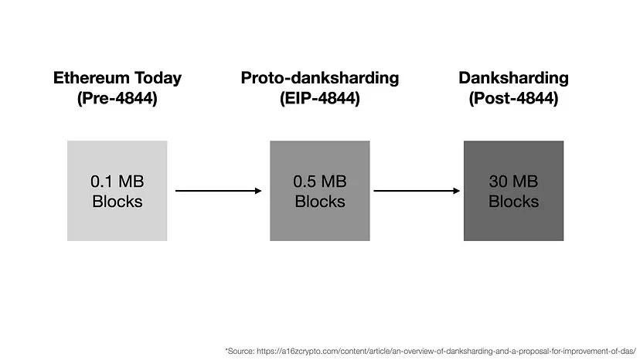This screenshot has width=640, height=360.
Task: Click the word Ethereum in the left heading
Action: [91, 77]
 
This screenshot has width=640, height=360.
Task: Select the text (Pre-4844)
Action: [117, 98]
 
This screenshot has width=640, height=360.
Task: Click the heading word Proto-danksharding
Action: [319, 78]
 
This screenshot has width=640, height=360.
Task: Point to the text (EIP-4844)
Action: [319, 98]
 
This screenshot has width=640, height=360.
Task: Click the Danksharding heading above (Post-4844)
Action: [513, 78]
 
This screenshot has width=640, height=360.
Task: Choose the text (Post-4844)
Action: [513, 98]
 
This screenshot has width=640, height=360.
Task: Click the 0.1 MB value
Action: [117, 182]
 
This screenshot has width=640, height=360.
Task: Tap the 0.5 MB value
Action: [319, 182]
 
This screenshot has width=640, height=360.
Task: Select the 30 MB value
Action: [513, 182]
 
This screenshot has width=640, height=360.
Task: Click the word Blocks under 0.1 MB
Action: [117, 201]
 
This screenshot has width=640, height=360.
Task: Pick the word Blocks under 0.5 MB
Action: [319, 201]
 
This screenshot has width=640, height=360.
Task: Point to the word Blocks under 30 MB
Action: [513, 201]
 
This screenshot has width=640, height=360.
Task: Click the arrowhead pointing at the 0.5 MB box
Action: [258, 191]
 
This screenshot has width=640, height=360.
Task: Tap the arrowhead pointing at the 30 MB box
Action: [456, 191]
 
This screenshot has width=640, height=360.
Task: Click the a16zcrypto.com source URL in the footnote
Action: [446, 351]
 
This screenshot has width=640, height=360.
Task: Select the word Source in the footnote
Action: [241, 351]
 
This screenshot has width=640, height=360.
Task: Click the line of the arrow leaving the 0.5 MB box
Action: [417, 191]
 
